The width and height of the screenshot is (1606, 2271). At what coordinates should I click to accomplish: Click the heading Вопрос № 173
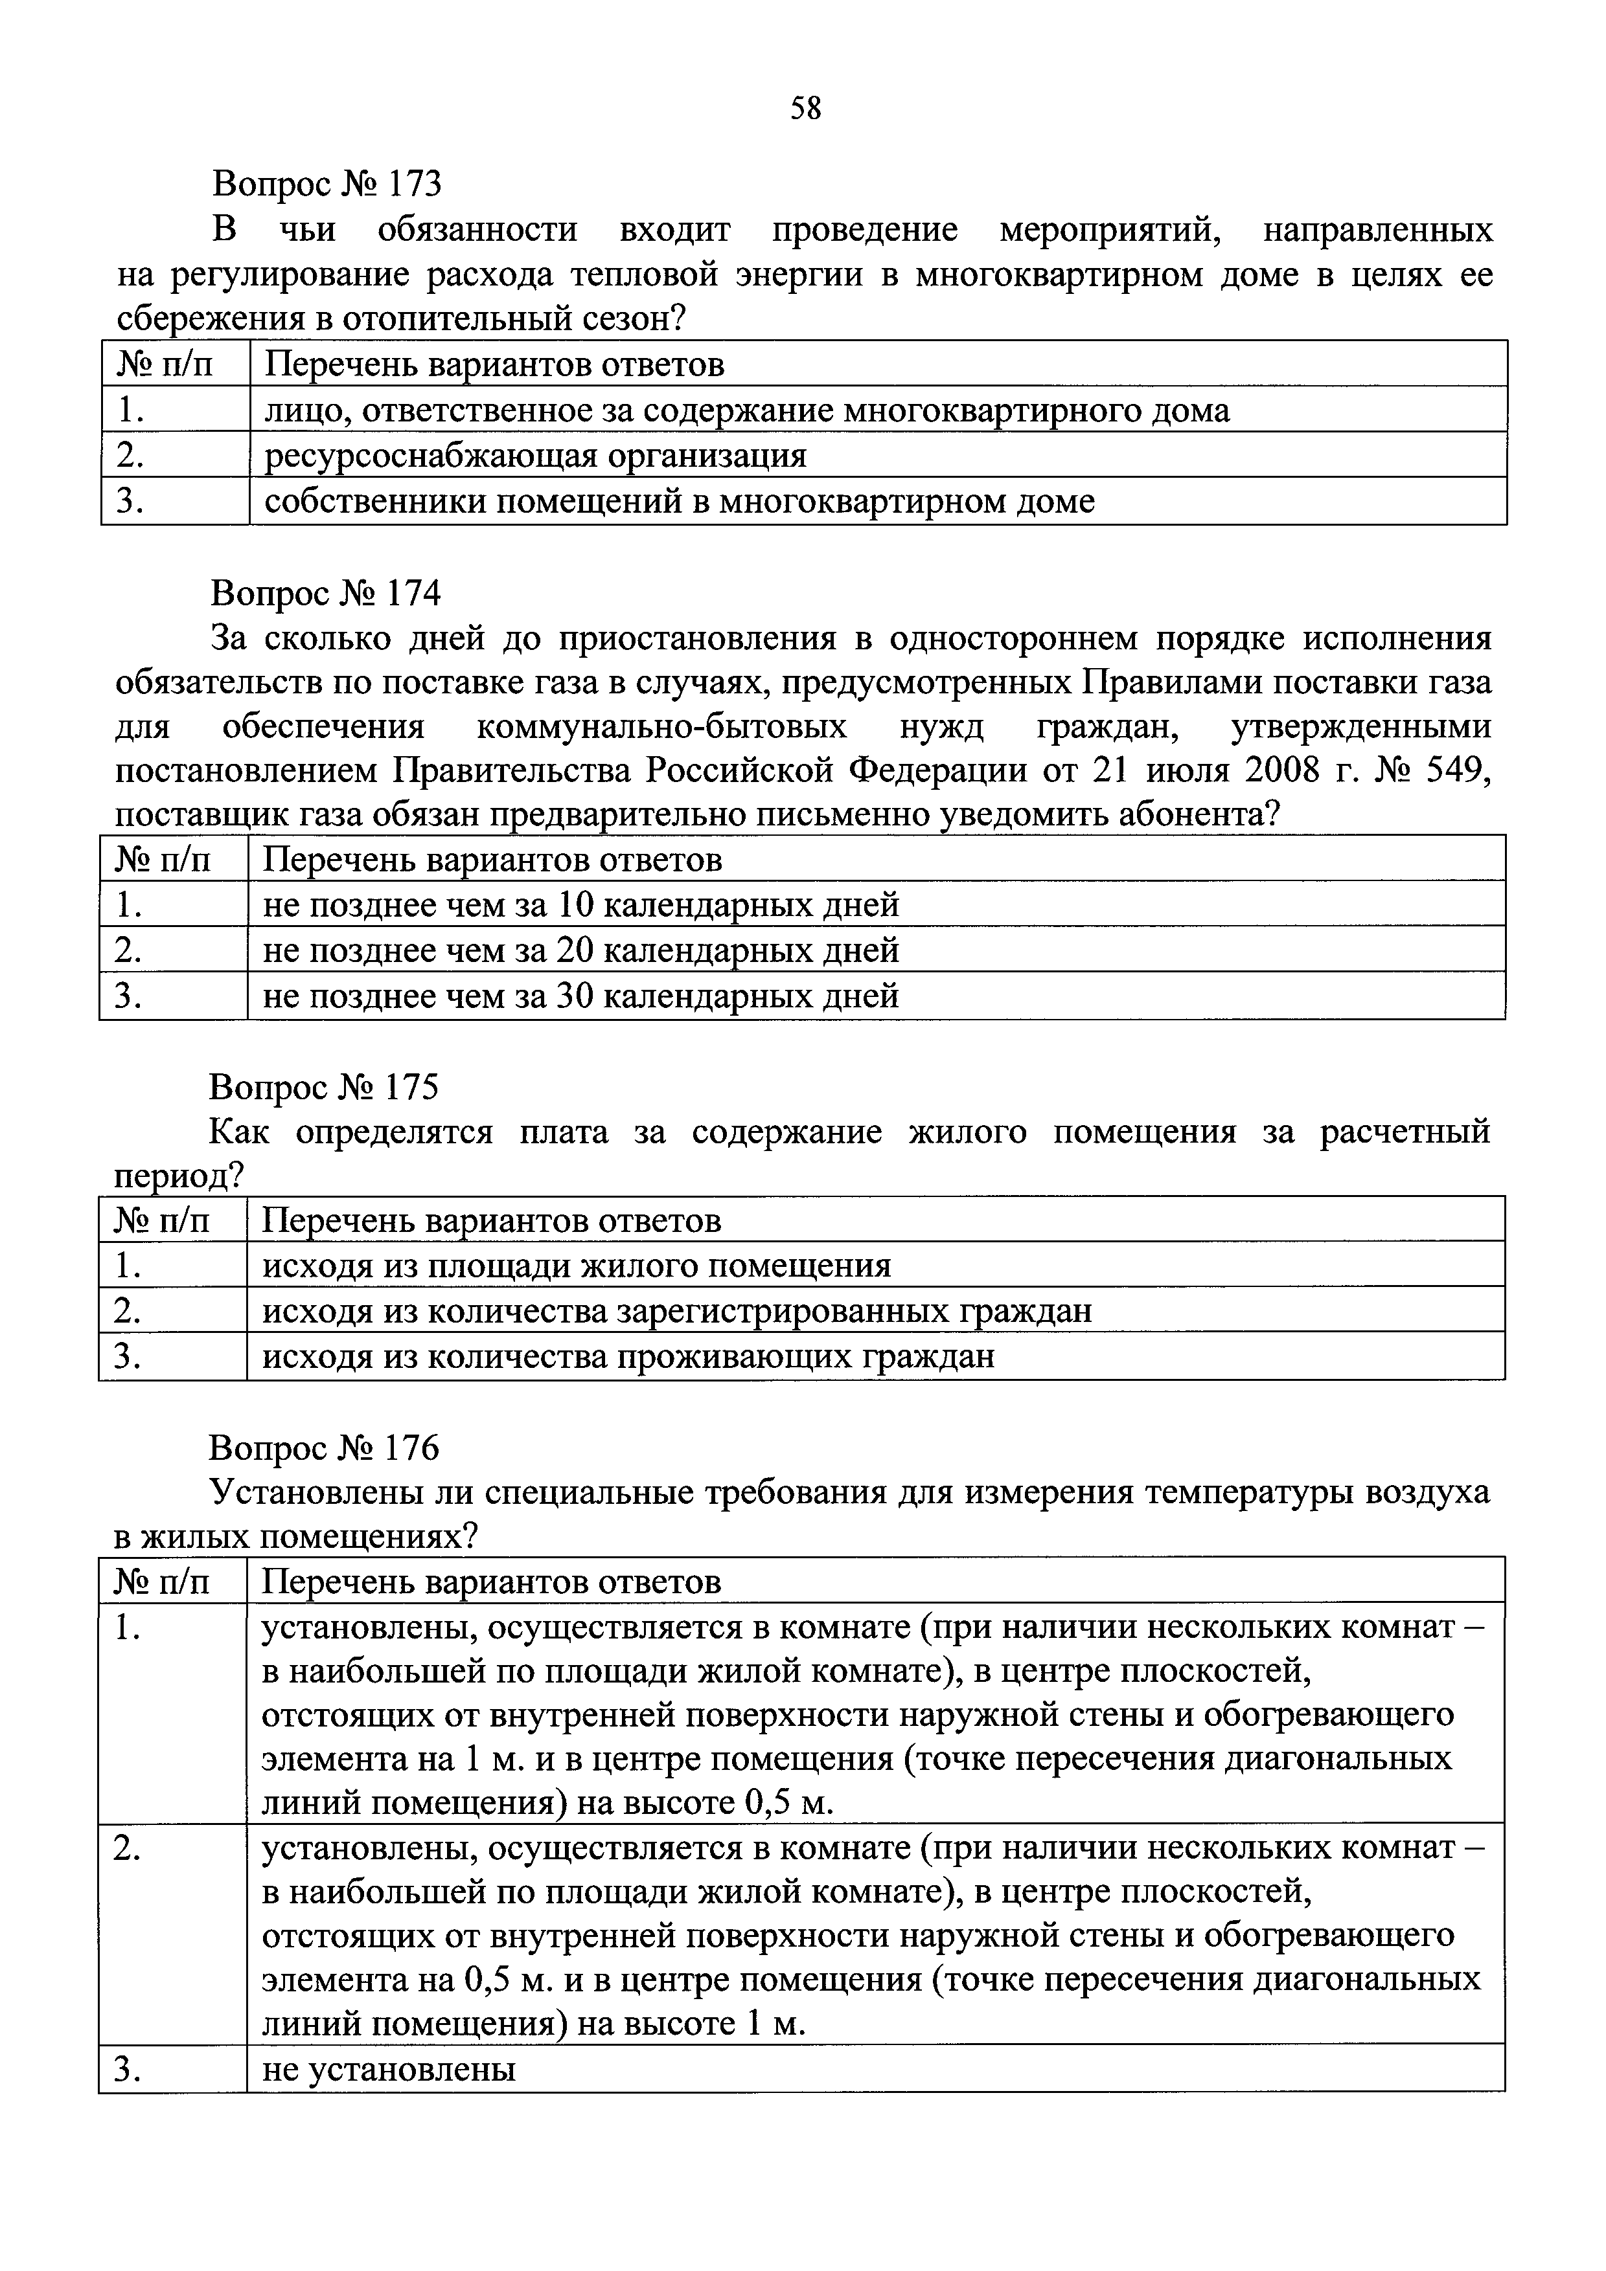coord(326,183)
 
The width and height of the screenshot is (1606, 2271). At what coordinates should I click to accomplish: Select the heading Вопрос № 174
coord(325,592)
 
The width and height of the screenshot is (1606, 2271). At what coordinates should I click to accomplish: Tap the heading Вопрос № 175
coord(323,1087)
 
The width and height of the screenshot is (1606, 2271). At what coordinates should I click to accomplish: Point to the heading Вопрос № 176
coord(323,1448)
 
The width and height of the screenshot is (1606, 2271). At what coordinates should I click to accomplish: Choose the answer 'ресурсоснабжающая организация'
coord(534,456)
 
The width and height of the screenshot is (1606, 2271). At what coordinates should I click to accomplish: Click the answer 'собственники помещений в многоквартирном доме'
coord(679,502)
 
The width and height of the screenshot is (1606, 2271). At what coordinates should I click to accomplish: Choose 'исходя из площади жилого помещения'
coord(576,1265)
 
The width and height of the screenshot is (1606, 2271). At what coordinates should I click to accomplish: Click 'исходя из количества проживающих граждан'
coord(627,1356)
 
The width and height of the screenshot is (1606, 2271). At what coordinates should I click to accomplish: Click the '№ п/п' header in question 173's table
coord(165,365)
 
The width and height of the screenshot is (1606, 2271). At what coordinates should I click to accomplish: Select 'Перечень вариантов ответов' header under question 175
coord(491,1220)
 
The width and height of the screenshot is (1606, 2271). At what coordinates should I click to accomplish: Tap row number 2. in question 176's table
coord(127,1849)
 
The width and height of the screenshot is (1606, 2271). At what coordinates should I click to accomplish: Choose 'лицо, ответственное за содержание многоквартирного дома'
coord(746,410)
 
